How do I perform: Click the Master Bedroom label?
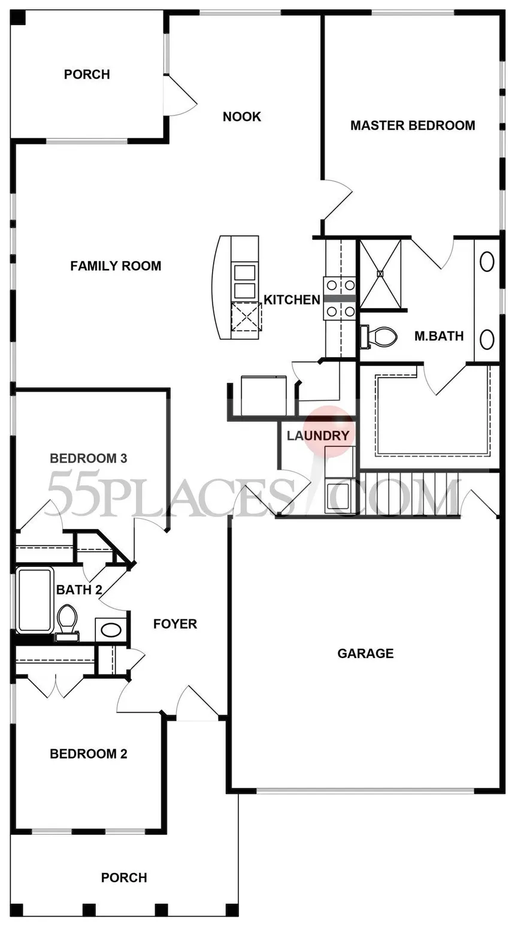[x=413, y=125]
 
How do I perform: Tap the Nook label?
[x=242, y=117]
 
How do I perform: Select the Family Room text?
[x=116, y=265]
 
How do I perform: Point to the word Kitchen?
[x=292, y=300]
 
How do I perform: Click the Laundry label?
[x=318, y=436]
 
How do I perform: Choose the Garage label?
[x=366, y=653]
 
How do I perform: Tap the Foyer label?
[x=175, y=624]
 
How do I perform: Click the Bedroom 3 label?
[x=89, y=458]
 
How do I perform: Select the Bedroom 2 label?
[x=89, y=754]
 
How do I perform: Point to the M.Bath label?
[x=439, y=336]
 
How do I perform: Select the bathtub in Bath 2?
[x=35, y=599]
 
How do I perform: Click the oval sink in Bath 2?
[x=111, y=630]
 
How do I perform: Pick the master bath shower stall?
[x=381, y=274]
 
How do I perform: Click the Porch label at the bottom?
[x=124, y=877]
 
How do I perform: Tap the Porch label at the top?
[x=87, y=74]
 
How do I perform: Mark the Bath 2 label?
[x=79, y=589]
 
